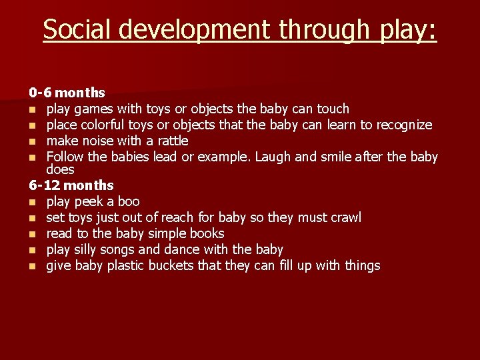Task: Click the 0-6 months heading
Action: click(x=67, y=93)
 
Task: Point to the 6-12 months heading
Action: click(x=71, y=185)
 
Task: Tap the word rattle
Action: click(x=172, y=141)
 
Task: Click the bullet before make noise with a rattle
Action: click(x=32, y=141)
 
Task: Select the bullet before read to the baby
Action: click(x=32, y=234)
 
